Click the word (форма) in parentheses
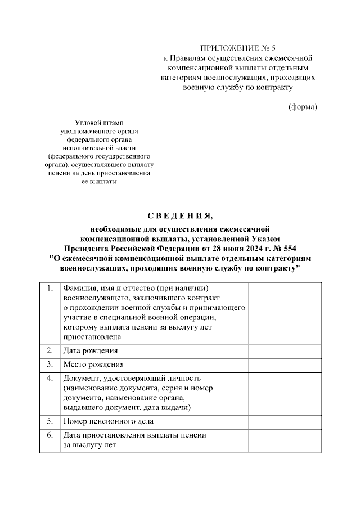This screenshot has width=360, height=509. pos(303,107)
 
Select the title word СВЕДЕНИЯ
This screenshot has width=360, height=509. pos(180,217)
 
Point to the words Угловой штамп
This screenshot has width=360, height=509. pos(99,122)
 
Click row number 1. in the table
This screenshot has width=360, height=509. pos(50,289)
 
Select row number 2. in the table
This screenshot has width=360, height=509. pos(50,350)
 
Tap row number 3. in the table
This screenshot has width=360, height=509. pos(50,364)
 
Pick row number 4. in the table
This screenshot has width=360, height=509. pos(50,378)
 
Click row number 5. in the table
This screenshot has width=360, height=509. pos(50,421)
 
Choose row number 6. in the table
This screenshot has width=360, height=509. pos(50,435)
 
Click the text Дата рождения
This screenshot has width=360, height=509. pos(91,351)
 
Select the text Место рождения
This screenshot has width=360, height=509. pos(93,364)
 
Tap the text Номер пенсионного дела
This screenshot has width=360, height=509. pos(109,421)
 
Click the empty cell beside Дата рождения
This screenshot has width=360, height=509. pos(285,351)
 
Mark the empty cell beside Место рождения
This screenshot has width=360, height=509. pos(285,364)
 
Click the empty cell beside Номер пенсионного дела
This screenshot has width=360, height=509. pos(285,421)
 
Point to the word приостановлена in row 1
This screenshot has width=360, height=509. pos(93,337)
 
